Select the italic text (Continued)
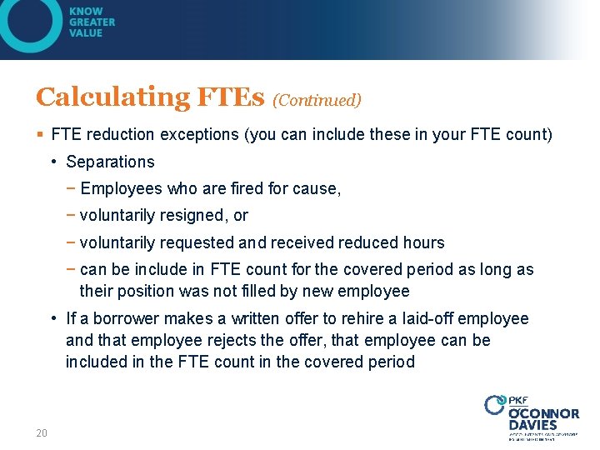click(x=317, y=101)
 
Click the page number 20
click(x=42, y=432)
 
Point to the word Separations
click(x=110, y=162)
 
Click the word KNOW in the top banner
click(x=87, y=12)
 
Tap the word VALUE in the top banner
click(x=87, y=33)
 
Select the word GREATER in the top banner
click(x=92, y=22)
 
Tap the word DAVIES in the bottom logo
click(x=532, y=425)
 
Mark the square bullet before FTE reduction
click(x=40, y=134)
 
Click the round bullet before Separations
click(x=53, y=162)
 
